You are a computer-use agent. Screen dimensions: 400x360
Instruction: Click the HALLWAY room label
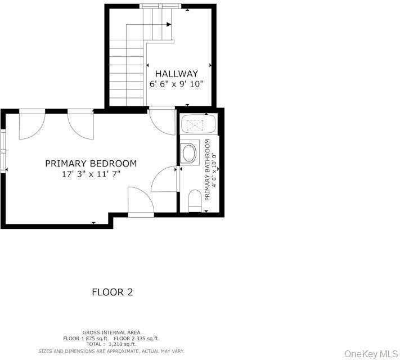point(177,74)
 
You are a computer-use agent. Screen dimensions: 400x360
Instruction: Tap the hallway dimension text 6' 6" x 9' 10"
point(177,84)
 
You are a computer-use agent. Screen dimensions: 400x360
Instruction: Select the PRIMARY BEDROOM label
point(91,164)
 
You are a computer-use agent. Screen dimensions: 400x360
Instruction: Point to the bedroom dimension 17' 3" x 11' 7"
point(91,174)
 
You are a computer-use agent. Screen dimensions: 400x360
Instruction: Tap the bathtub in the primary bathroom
point(199,124)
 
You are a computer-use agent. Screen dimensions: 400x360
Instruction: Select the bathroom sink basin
point(189,153)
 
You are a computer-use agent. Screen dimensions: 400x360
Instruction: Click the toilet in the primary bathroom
point(195,201)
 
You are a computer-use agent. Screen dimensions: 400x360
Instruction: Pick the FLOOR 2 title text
point(113,292)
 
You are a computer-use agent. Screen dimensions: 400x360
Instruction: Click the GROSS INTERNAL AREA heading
point(111,332)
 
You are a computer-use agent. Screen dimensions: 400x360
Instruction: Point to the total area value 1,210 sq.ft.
point(123,344)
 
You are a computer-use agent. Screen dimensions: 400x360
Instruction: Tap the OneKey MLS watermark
point(371,354)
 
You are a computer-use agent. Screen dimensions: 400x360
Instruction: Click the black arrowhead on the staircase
point(169,25)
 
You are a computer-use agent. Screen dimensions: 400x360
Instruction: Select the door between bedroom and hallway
point(161,121)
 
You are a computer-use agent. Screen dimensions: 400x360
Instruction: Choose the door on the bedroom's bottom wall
point(141,201)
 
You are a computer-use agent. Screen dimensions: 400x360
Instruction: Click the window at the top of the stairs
point(160,6)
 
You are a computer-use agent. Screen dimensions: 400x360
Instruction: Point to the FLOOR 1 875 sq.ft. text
point(86,339)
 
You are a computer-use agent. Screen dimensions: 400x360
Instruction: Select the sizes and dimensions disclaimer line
point(111,352)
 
